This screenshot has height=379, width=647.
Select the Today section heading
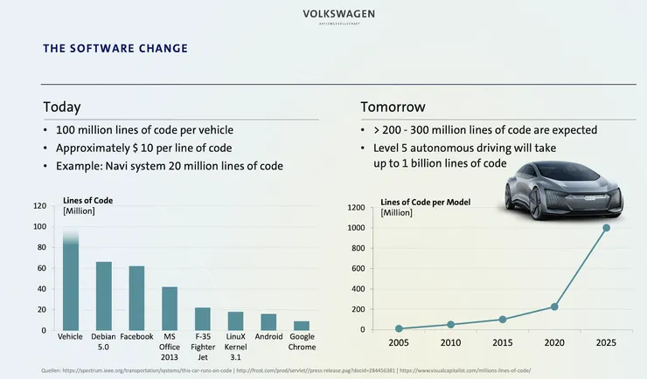[x=62, y=107]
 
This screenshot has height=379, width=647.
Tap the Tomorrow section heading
[x=393, y=107]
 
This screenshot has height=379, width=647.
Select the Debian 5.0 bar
[x=103, y=296]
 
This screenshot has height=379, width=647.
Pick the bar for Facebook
[x=136, y=298]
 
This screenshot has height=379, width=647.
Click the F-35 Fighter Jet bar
[x=202, y=319]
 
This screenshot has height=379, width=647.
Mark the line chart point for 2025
[x=606, y=228]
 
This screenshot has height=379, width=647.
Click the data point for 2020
[x=554, y=307]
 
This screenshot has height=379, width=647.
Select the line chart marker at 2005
[x=399, y=328]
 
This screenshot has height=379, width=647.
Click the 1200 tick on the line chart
[x=357, y=208]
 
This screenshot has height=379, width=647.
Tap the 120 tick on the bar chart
[x=38, y=206]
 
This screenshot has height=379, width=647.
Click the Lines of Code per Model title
[x=425, y=202]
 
